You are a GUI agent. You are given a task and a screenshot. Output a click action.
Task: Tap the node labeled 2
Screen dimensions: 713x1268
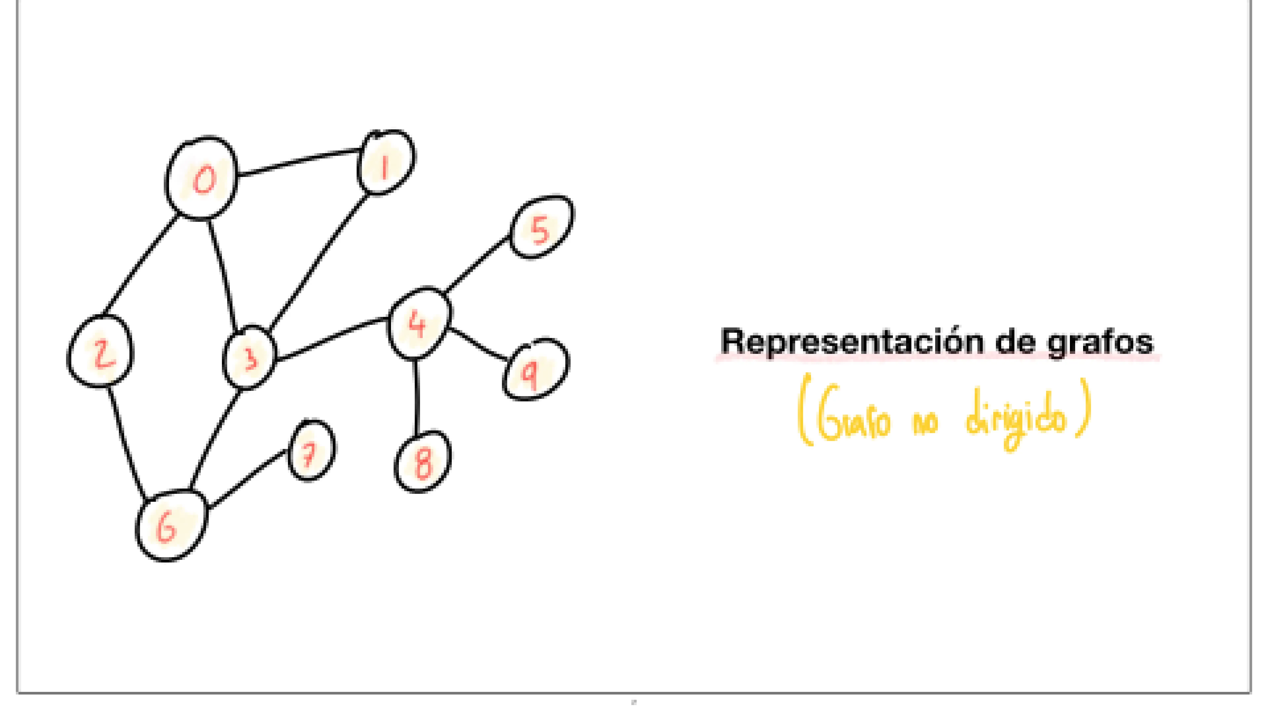[100, 351]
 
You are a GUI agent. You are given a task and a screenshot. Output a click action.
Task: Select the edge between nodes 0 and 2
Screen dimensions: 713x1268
[140, 266]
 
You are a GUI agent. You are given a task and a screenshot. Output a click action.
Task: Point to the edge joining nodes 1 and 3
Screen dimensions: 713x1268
[320, 261]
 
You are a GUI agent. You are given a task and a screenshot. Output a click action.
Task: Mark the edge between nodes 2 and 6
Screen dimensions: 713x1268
[126, 443]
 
